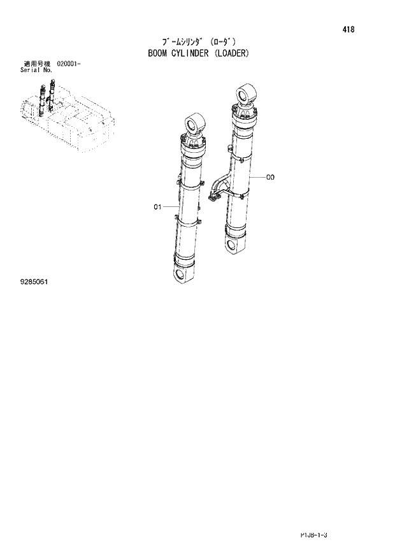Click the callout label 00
coord(270,177)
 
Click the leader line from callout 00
coord(258,176)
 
